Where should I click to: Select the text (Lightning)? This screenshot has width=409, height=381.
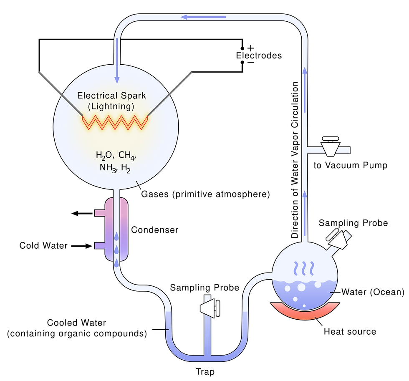pyautogui.click(x=111, y=106)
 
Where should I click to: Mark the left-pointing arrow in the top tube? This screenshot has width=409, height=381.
pyautogui.click(x=203, y=17)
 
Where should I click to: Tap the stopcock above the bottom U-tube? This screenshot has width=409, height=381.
pyautogui.click(x=210, y=307)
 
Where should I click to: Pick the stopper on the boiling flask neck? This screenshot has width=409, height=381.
pyautogui.click(x=341, y=239)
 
